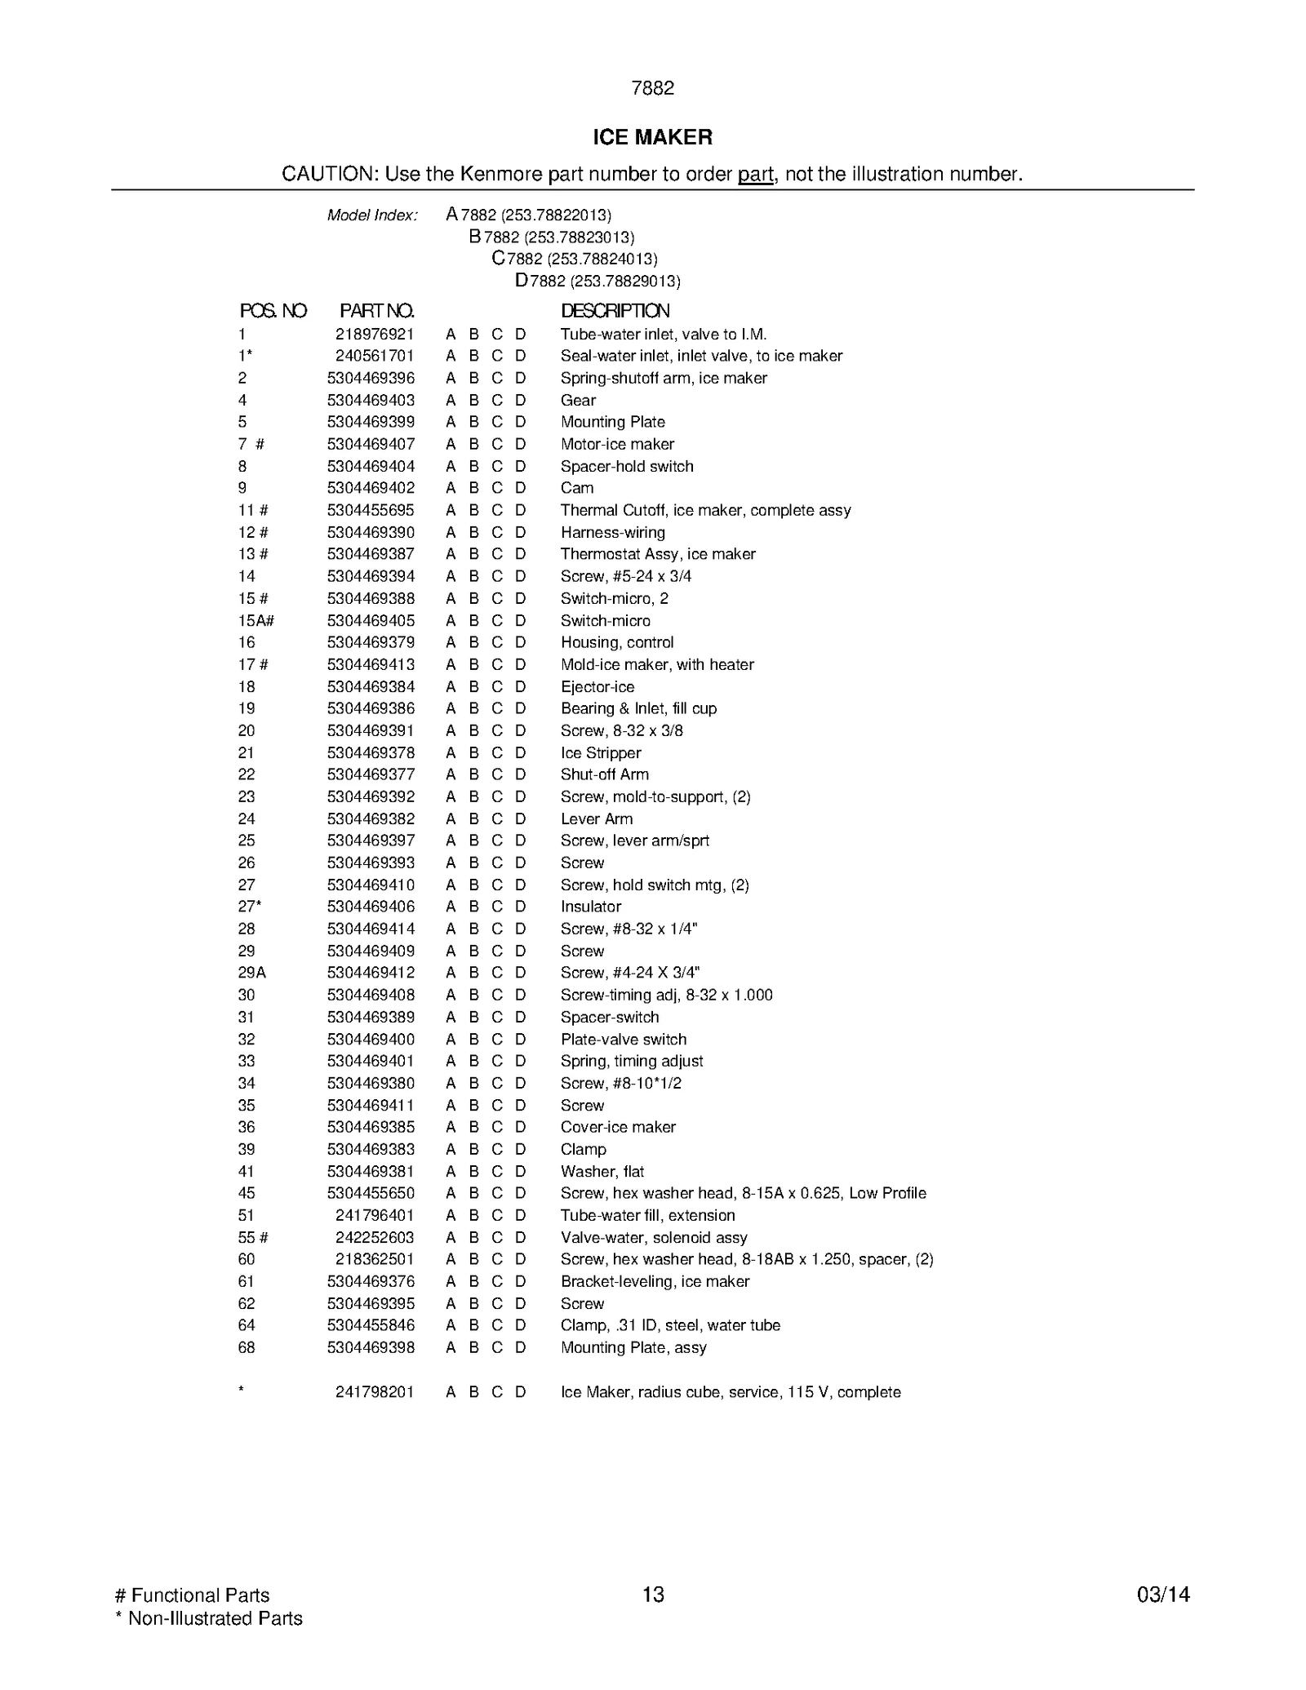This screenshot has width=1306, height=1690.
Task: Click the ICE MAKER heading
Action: (x=652, y=137)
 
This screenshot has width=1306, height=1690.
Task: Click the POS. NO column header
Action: (x=273, y=311)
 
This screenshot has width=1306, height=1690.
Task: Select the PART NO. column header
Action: (x=376, y=311)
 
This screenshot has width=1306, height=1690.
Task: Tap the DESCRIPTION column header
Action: (x=615, y=311)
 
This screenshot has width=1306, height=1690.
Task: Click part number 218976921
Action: (x=375, y=334)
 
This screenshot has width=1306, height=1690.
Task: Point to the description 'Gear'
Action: (x=578, y=400)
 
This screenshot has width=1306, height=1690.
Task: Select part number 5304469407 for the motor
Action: (x=371, y=444)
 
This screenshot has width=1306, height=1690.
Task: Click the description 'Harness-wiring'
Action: (x=612, y=532)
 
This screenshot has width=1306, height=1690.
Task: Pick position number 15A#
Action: (x=255, y=620)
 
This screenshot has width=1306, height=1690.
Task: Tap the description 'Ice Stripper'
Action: (x=601, y=752)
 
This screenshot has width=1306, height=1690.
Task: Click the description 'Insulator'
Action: (x=591, y=907)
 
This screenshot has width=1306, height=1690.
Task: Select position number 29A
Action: (x=252, y=973)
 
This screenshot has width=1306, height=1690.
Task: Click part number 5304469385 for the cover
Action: (x=371, y=1127)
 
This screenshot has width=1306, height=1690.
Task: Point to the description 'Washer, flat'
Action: (x=602, y=1171)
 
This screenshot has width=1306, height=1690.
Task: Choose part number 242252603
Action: (x=375, y=1237)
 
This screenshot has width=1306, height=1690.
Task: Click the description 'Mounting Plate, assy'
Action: (x=633, y=1347)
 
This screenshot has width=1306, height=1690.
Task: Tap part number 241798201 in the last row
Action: (x=375, y=1392)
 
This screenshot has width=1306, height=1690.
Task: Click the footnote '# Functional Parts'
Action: (x=193, y=1596)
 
